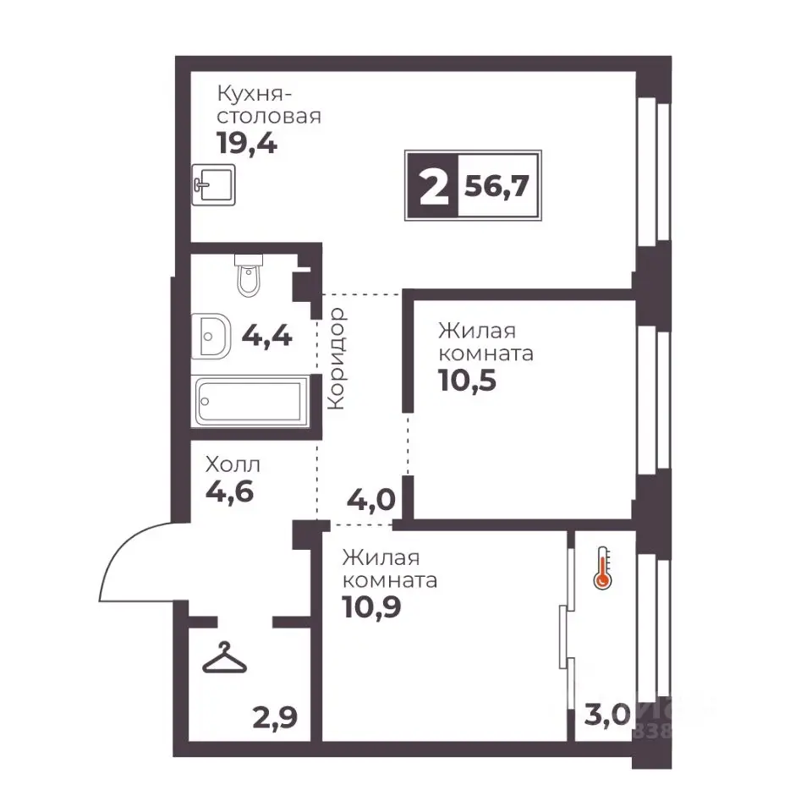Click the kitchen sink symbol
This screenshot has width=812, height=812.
[213, 184]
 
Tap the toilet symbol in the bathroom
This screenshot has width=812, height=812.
[249, 276]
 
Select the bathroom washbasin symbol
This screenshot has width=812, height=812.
[211, 336]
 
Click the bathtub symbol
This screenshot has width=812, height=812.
[250, 401]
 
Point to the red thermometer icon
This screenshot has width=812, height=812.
[602, 568]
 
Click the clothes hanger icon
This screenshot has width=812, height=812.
[224, 658]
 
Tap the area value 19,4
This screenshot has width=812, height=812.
[247, 143]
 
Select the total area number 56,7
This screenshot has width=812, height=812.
[497, 186]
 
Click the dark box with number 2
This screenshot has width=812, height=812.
[433, 185]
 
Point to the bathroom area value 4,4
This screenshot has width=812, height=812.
[267, 336]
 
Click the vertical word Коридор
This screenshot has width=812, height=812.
[337, 359]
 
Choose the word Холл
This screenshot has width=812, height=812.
[233, 464]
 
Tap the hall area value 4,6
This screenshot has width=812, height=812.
[230, 491]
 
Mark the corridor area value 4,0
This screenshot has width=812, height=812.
[371, 500]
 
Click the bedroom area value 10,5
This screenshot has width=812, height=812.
[467, 381]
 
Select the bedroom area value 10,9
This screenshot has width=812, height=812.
[372, 607]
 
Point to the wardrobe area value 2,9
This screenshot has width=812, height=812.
[275, 718]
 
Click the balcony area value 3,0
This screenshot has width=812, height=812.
[607, 716]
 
